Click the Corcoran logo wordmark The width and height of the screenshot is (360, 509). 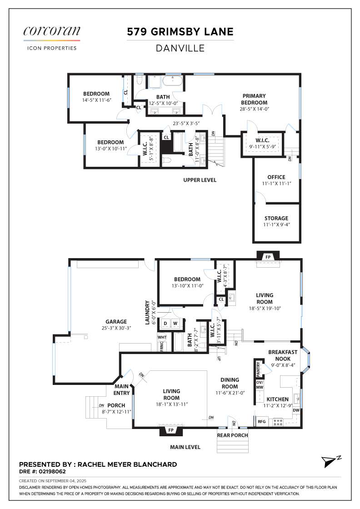[x=52, y=31]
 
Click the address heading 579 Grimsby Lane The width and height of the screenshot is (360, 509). [x=180, y=31]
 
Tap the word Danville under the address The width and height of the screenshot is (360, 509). [x=180, y=48]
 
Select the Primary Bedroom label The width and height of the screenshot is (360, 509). [x=254, y=99]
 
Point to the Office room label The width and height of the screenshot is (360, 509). [x=276, y=177]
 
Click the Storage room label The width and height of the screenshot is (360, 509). [x=276, y=218]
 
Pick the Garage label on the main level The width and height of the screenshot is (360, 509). [x=116, y=322]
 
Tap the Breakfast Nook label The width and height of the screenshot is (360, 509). [x=283, y=355]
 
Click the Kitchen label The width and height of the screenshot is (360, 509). [x=278, y=399]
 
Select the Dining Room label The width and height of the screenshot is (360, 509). [x=230, y=383]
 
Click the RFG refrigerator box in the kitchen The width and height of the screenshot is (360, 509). [x=262, y=421]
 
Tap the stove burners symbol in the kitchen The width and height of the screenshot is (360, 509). [x=278, y=422]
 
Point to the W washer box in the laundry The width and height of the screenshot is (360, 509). [x=175, y=323]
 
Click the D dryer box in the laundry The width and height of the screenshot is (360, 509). [x=165, y=323]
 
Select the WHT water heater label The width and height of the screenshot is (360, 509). [x=162, y=337]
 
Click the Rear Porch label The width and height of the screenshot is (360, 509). [x=232, y=435]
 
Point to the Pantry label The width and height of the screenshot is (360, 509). [x=258, y=369]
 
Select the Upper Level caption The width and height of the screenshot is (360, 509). [x=200, y=180]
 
